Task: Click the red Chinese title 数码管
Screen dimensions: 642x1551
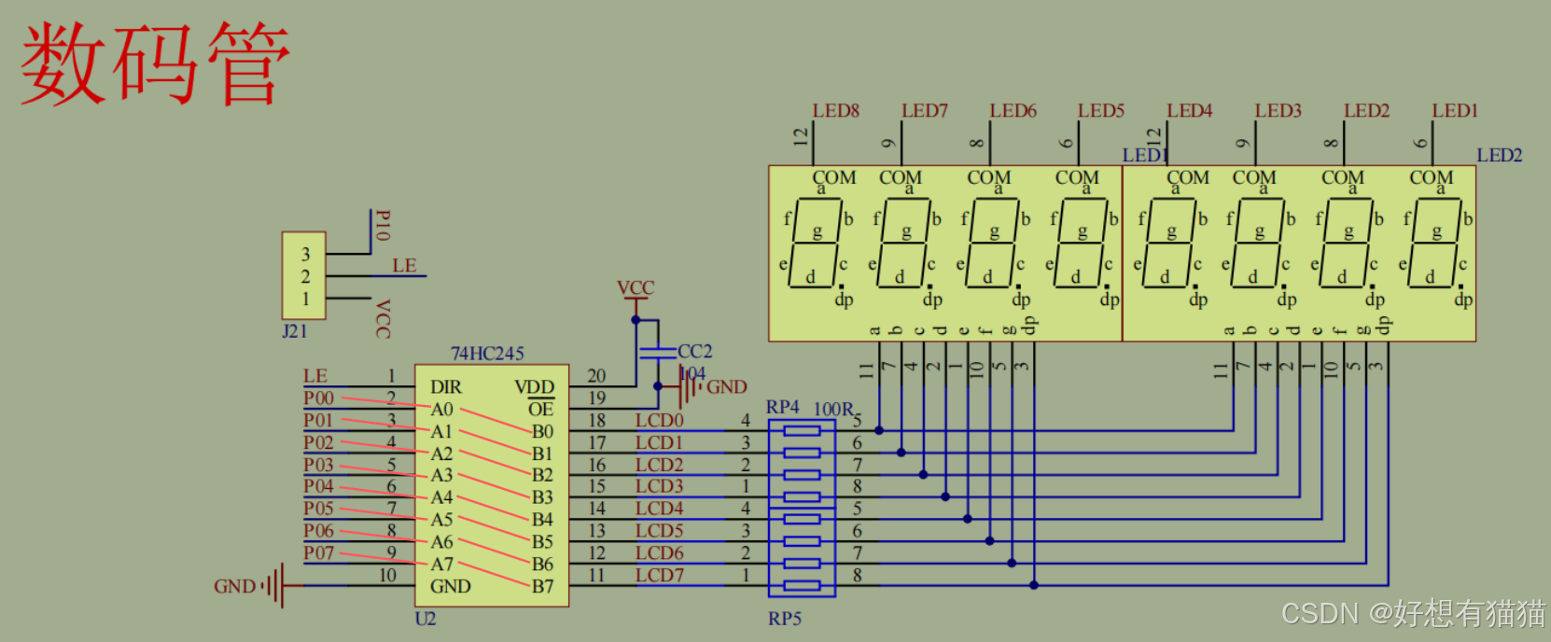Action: [155, 63]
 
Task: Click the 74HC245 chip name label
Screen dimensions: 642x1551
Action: [487, 353]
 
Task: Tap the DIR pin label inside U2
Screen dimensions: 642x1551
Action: [445, 386]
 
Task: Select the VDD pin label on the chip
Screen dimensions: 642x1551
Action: [534, 386]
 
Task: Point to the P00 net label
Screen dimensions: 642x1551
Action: [318, 398]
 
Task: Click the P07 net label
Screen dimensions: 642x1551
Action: [318, 552]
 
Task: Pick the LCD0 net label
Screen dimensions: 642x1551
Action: [659, 420]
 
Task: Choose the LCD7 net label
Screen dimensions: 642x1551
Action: [659, 575]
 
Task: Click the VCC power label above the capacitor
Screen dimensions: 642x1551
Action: [636, 287]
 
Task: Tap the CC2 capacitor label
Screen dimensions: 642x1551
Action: [694, 351]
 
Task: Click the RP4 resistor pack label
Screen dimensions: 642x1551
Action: [782, 407]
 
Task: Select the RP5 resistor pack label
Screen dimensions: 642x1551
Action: [785, 618]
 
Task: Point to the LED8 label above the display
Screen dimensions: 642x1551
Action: [835, 110]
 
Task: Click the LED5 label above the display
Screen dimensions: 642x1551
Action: [1101, 110]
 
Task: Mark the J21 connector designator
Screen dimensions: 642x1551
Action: [295, 330]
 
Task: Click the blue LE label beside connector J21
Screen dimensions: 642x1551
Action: [404, 265]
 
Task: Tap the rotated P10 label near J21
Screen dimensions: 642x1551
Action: [382, 226]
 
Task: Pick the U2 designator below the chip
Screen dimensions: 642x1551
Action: [425, 618]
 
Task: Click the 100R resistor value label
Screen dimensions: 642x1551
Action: [833, 409]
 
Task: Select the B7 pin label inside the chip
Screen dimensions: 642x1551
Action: [542, 586]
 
